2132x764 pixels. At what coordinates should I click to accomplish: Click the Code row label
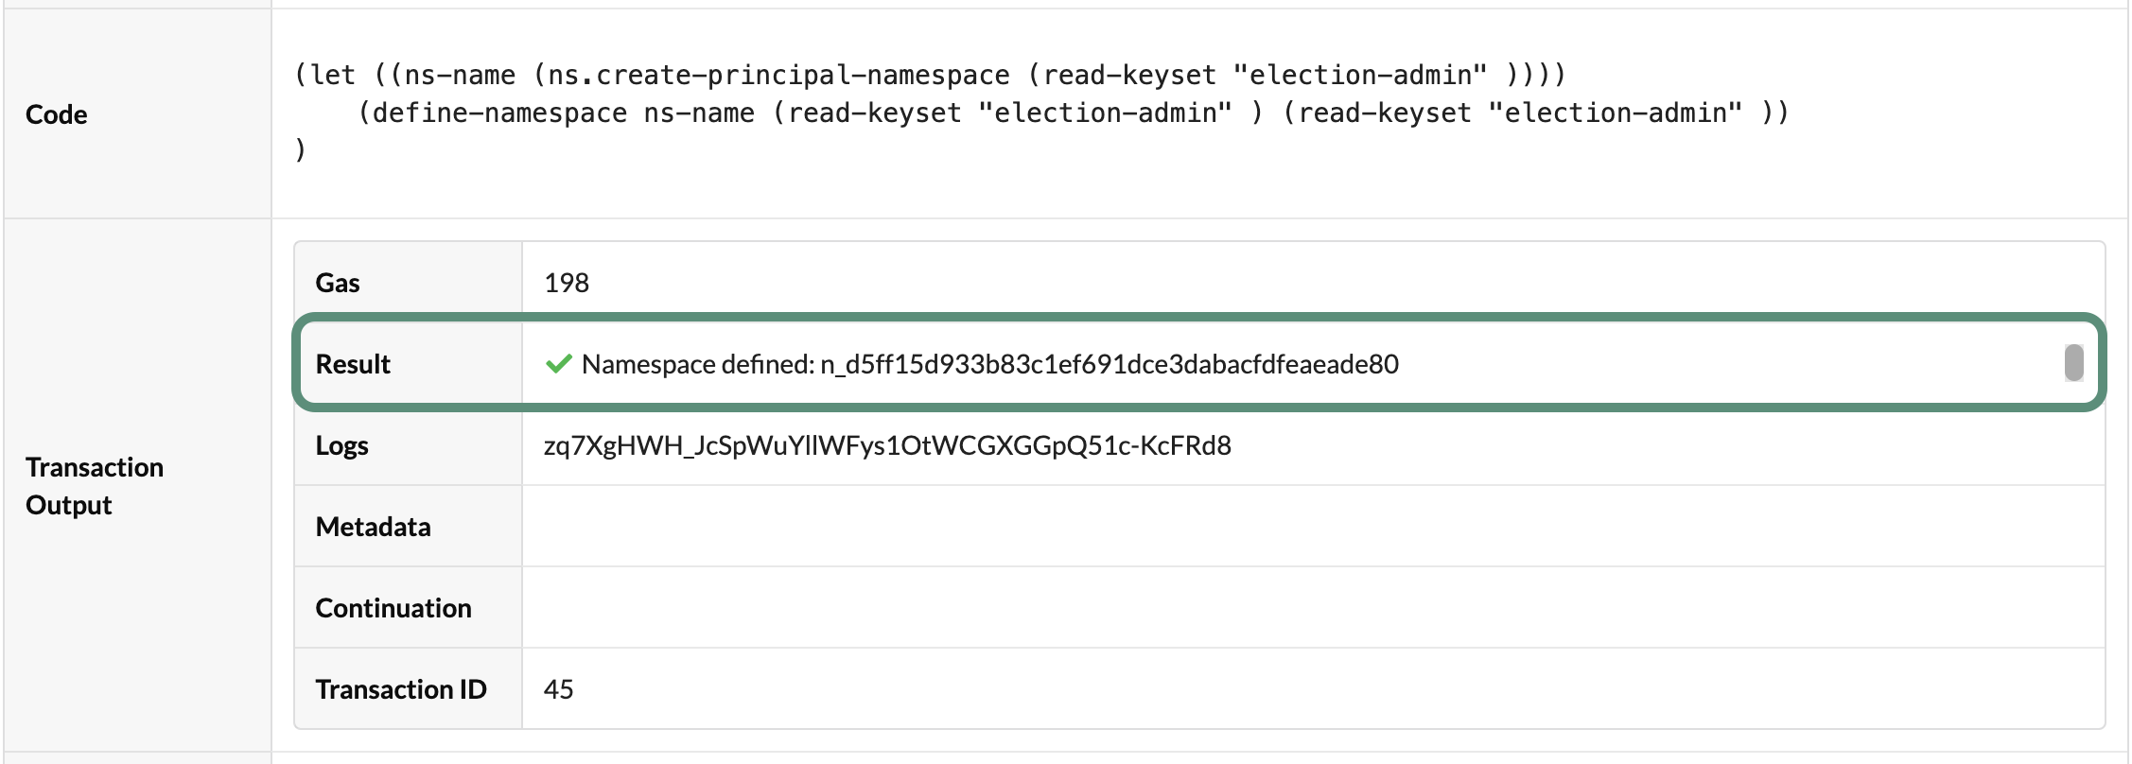click(x=57, y=114)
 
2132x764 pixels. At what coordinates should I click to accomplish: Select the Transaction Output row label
click(x=95, y=486)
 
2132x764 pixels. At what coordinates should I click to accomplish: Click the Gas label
click(x=338, y=283)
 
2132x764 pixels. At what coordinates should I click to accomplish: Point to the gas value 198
click(x=567, y=283)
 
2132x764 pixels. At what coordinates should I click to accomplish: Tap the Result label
click(x=353, y=364)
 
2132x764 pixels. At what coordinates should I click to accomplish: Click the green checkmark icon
click(x=559, y=364)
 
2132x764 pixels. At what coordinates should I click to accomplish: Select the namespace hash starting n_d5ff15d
click(x=1110, y=364)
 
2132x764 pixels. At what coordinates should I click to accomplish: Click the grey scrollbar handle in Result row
click(x=2073, y=363)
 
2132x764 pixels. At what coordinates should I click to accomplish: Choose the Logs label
click(x=341, y=445)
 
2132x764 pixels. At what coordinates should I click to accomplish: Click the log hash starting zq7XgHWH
click(x=887, y=445)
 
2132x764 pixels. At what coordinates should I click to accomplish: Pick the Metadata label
click(x=373, y=527)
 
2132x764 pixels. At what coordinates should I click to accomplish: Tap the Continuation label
click(x=393, y=608)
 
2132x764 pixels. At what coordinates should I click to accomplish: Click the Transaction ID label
click(x=401, y=689)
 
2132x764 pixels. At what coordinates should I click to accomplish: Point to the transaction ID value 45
click(x=559, y=689)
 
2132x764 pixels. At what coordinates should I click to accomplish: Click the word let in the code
click(x=333, y=75)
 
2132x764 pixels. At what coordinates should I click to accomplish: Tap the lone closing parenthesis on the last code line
click(x=301, y=149)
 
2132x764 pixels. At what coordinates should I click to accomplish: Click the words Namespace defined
click(x=697, y=364)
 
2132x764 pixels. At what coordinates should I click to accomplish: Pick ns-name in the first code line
click(x=460, y=75)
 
